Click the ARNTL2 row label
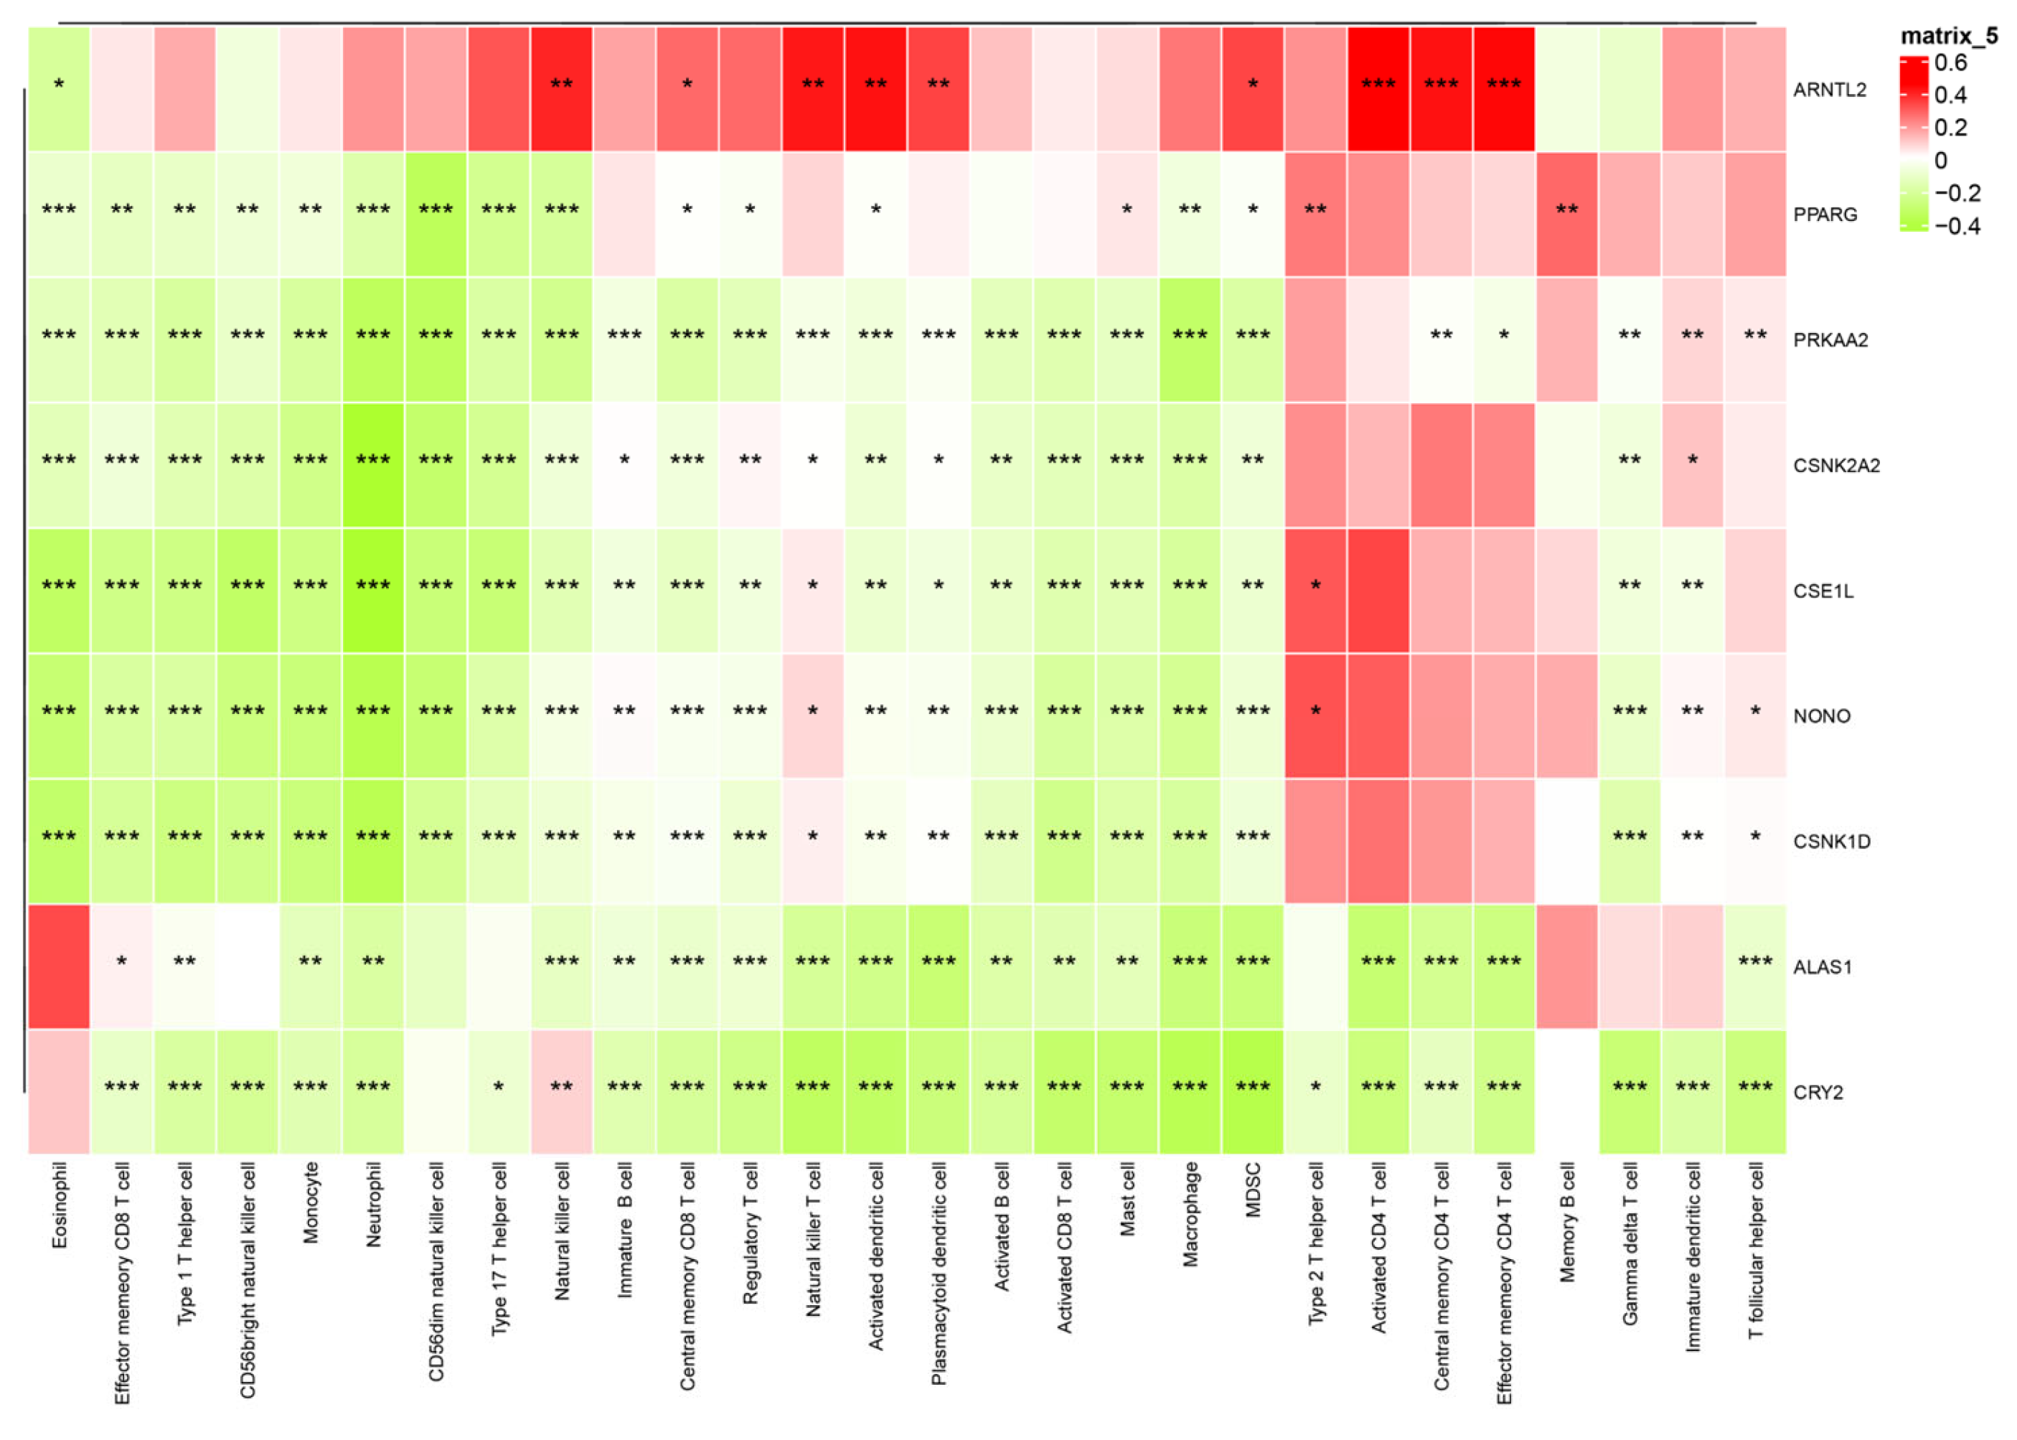(1829, 90)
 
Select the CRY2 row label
(1818, 1093)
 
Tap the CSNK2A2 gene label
(1836, 466)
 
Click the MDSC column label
(1253, 1190)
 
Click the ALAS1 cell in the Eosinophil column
(59, 966)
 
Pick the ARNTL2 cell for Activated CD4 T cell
(1378, 89)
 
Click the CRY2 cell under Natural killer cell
(561, 1091)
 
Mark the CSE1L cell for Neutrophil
(372, 590)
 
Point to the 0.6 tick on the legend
(1950, 63)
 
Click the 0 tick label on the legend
(1941, 161)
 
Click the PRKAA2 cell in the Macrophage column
(1190, 339)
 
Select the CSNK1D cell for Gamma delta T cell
(1630, 841)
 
